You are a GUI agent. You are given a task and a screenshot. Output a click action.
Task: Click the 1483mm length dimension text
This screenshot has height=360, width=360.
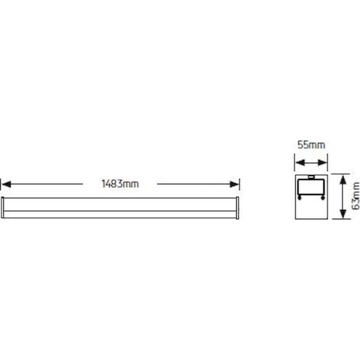pyautogui.click(x=120, y=184)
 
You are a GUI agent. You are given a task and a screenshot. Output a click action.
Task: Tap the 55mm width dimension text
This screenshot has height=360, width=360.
pyautogui.click(x=311, y=145)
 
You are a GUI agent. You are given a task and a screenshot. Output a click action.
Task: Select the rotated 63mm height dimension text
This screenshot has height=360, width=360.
pyautogui.click(x=355, y=196)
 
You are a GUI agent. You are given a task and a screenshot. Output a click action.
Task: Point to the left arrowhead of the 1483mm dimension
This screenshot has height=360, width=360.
pyautogui.click(x=6, y=184)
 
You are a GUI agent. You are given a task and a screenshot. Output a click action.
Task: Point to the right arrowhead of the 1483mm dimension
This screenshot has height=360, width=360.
pyautogui.click(x=234, y=184)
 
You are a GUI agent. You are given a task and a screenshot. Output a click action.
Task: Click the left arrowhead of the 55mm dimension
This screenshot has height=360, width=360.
pyautogui.click(x=300, y=163)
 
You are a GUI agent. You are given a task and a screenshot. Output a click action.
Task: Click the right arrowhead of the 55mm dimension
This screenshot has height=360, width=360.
pyautogui.click(x=322, y=163)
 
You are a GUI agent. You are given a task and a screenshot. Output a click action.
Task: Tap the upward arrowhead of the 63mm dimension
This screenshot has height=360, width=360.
pyautogui.click(x=343, y=180)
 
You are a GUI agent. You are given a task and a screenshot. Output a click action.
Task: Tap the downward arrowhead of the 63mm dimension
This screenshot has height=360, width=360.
pyautogui.click(x=343, y=213)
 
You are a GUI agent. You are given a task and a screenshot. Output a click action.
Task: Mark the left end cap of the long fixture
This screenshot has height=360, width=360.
pyautogui.click(x=2, y=207)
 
